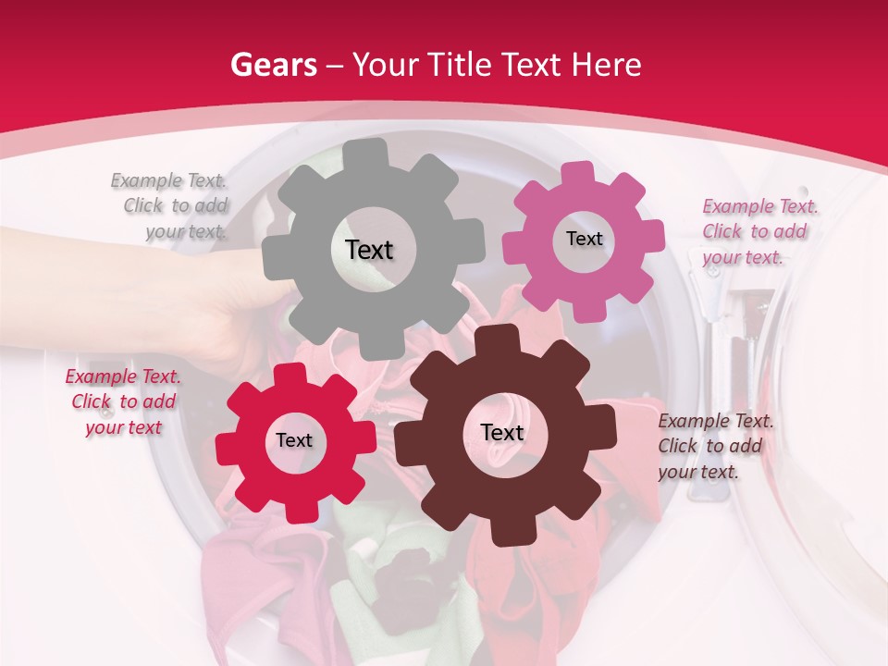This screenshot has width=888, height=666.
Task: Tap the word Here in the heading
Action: click(x=607, y=66)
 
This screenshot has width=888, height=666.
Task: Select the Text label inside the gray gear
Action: click(x=369, y=250)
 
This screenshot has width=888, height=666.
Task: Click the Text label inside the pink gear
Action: click(x=584, y=239)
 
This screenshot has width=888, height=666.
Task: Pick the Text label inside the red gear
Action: click(x=294, y=440)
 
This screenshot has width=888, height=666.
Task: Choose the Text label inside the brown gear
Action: click(x=502, y=433)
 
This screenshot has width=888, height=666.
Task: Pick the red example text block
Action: click(x=123, y=402)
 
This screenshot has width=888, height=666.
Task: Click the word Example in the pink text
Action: click(x=739, y=206)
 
